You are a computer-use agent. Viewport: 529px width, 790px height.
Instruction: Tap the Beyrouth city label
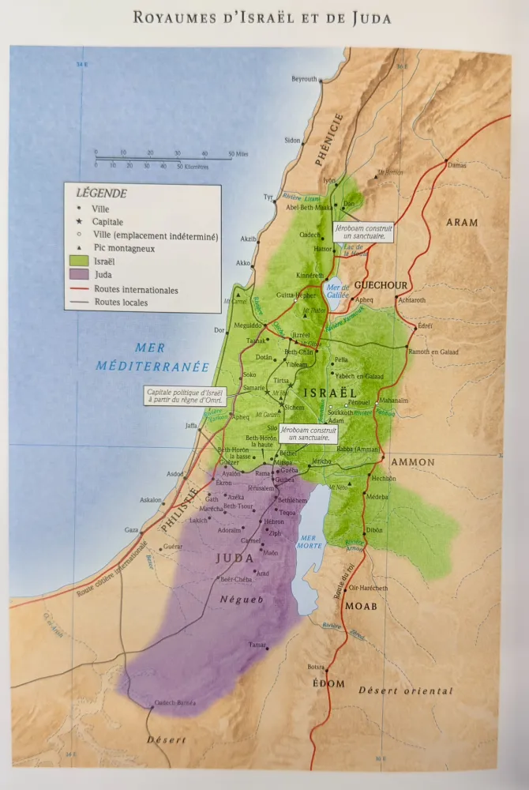click(x=304, y=79)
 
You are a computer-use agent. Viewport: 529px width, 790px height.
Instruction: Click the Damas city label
click(x=456, y=166)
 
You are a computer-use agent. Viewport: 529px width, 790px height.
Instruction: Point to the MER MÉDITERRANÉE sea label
click(x=152, y=356)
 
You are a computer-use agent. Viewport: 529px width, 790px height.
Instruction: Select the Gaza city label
click(x=132, y=530)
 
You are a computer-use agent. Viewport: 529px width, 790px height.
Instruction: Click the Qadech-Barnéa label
click(x=174, y=702)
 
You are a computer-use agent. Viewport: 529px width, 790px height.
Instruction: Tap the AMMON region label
click(x=413, y=462)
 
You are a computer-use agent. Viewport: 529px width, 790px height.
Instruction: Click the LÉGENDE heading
click(x=101, y=193)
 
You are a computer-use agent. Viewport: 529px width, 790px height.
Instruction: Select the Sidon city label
click(x=292, y=141)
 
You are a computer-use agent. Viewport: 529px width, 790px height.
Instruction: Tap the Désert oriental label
click(x=406, y=691)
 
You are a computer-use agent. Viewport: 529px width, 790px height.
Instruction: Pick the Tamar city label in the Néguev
click(x=257, y=645)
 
